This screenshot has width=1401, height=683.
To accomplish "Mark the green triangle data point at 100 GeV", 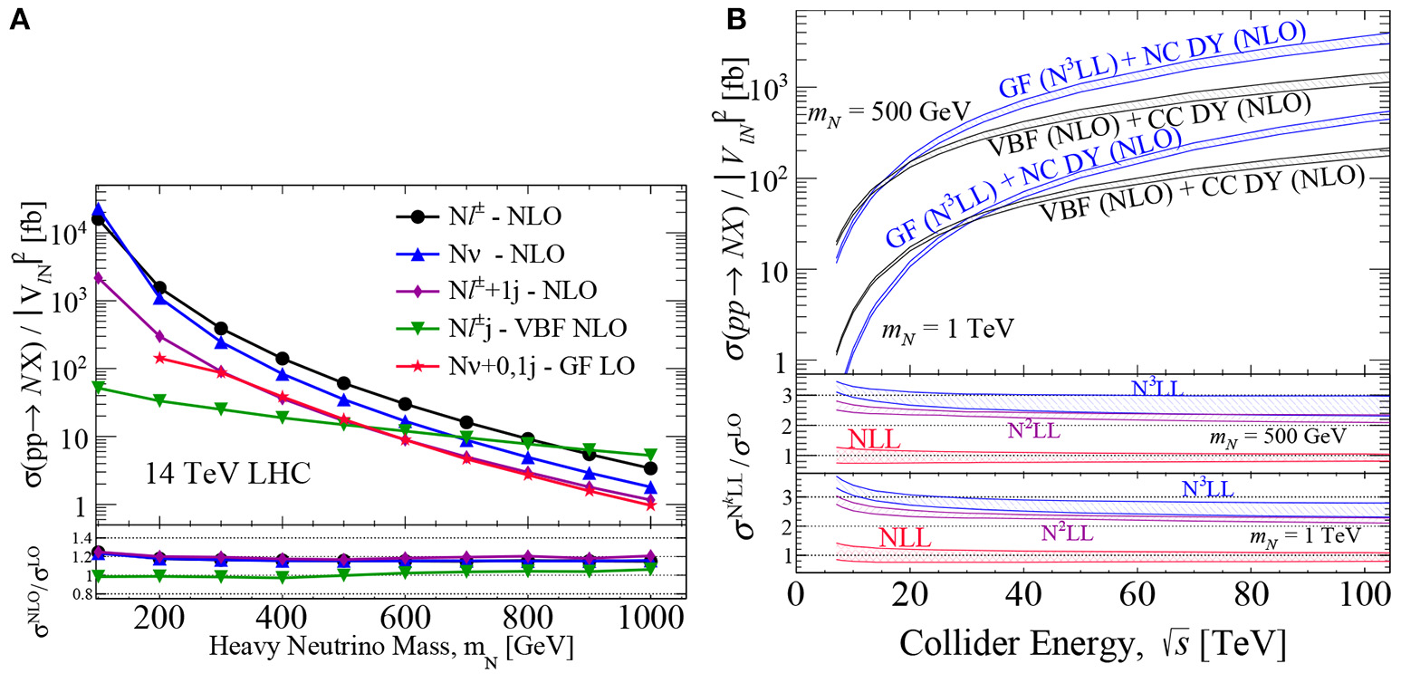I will point(99,387).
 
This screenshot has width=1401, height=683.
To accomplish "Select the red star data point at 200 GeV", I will point(161,358).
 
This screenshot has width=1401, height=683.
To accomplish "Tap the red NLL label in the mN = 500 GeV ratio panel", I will point(875,439).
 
